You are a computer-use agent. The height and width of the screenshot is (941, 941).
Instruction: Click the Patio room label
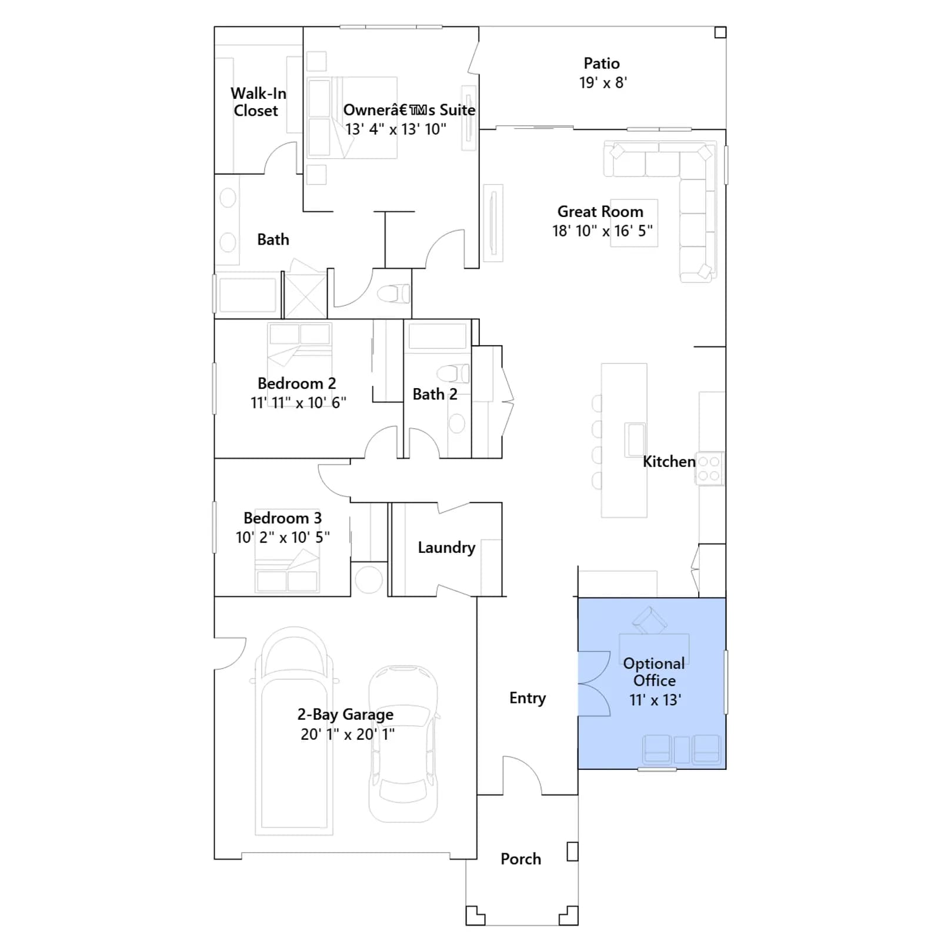(x=602, y=64)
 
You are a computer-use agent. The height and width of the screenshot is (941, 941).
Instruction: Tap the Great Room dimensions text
(x=602, y=231)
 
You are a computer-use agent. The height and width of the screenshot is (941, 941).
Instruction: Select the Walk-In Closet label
(x=258, y=102)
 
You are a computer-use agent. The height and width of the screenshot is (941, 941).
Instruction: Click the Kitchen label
(x=669, y=462)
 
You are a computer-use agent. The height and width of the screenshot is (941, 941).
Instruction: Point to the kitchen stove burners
(x=709, y=469)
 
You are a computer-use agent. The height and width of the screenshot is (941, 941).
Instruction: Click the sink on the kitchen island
(x=635, y=439)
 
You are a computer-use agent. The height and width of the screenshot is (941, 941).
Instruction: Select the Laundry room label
(x=446, y=548)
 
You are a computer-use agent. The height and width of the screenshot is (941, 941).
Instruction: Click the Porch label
(x=520, y=859)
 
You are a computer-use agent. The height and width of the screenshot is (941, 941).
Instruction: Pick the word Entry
(x=528, y=698)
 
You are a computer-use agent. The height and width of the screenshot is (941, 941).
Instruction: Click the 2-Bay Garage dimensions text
(x=348, y=734)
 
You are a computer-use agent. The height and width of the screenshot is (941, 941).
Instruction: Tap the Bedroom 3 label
(x=282, y=518)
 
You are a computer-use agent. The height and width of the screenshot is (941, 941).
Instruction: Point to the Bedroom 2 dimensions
(x=298, y=403)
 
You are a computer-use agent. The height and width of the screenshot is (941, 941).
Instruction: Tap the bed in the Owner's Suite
(x=352, y=118)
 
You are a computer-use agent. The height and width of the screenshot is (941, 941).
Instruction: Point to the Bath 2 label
(x=435, y=394)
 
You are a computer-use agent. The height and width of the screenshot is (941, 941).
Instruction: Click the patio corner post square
(x=720, y=32)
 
